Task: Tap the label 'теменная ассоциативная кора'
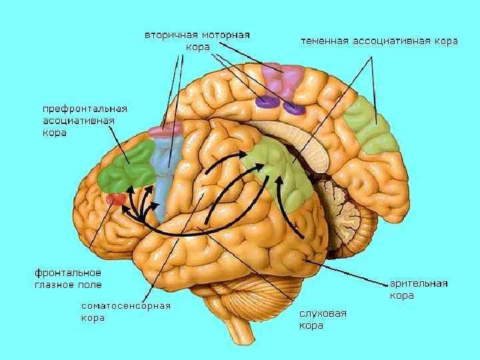[x=379, y=41]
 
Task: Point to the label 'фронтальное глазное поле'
[x=67, y=278]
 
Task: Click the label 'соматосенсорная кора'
[x=126, y=311]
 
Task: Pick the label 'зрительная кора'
[x=418, y=289]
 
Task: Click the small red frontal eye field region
[x=116, y=198]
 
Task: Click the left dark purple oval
[x=267, y=102]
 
